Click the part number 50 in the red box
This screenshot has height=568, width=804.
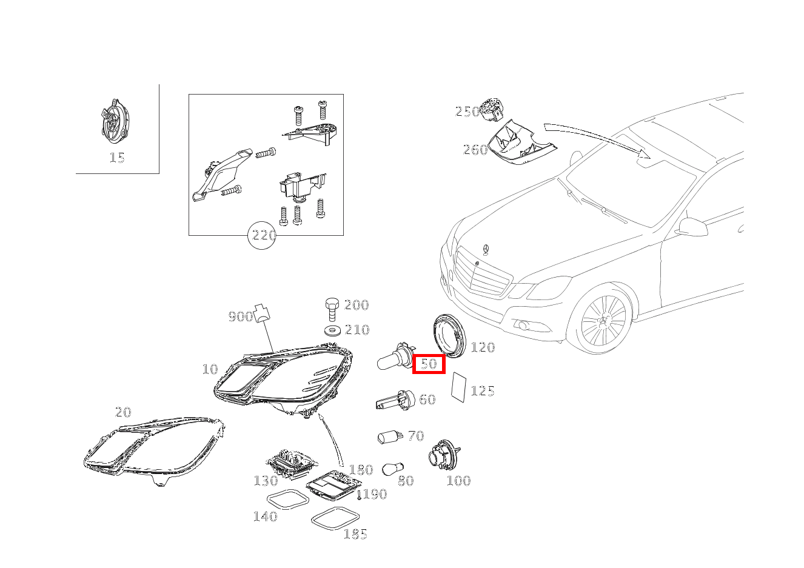(429, 364)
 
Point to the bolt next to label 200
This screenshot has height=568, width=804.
(332, 309)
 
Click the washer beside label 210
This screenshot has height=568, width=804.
(332, 330)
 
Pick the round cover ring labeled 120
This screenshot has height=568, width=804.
(448, 336)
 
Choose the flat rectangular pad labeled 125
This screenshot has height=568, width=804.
(458, 387)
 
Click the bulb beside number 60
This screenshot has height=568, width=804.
(395, 401)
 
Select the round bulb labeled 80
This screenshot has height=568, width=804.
(393, 469)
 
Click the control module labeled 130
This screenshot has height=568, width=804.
(290, 463)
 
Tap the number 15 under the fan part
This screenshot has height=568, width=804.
(117, 158)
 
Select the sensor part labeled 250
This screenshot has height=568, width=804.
(492, 109)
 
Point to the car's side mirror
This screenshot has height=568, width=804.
(693, 227)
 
